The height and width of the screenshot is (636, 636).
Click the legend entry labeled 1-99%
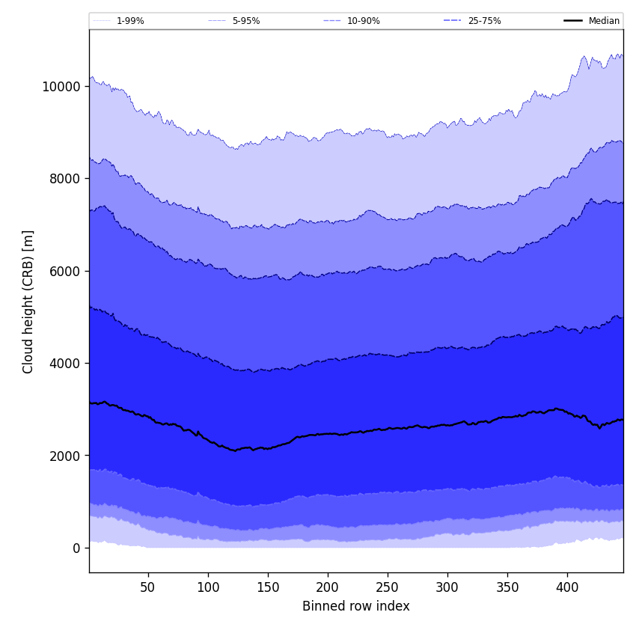click(x=130, y=21)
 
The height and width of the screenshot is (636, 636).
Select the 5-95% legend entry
click(x=246, y=21)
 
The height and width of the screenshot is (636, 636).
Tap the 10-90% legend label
click(x=364, y=21)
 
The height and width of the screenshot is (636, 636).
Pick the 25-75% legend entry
click(x=484, y=21)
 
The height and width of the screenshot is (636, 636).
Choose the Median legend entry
click(x=604, y=21)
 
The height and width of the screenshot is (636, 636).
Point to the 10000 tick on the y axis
click(x=61, y=86)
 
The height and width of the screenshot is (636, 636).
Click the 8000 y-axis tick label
click(x=64, y=179)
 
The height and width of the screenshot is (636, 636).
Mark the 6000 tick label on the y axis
click(x=64, y=271)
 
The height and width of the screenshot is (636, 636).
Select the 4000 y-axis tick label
click(x=64, y=364)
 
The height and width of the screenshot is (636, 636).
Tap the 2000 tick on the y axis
click(x=64, y=456)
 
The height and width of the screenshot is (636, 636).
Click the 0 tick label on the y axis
click(x=76, y=548)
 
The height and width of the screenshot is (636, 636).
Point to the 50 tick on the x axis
click(x=148, y=587)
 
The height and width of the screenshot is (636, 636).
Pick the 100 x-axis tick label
click(x=208, y=587)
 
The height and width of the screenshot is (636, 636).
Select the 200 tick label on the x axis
click(x=328, y=587)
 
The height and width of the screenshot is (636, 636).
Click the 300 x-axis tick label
click(x=447, y=587)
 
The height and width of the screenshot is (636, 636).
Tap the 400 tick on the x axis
click(x=567, y=587)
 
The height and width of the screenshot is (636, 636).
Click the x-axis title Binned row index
click(x=356, y=606)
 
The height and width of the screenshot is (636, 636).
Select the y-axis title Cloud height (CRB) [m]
click(x=28, y=302)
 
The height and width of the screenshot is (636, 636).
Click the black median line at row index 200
click(x=328, y=434)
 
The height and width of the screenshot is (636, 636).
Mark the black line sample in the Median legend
click(x=574, y=21)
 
